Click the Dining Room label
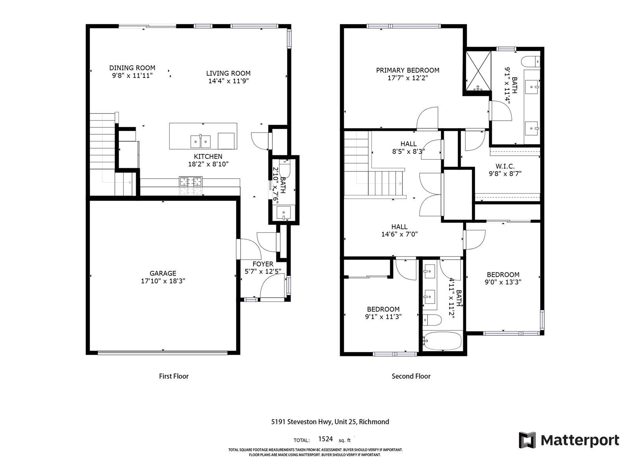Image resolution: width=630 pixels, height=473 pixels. pyautogui.click(x=132, y=68)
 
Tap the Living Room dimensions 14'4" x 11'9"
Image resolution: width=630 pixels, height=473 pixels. pyautogui.click(x=228, y=81)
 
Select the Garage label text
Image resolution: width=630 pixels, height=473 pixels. pyautogui.click(x=163, y=274)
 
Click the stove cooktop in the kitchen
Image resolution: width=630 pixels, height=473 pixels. pyautogui.click(x=191, y=181)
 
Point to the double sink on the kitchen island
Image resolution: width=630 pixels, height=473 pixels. pyautogui.click(x=200, y=142)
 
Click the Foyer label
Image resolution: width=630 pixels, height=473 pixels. pyautogui.click(x=263, y=264)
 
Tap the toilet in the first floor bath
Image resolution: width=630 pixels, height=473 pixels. pyautogui.click(x=284, y=168)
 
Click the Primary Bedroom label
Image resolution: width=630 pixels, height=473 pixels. pyautogui.click(x=408, y=70)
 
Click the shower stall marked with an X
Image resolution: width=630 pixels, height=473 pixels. pyautogui.click(x=478, y=71)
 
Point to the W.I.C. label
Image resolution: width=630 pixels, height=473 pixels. pyautogui.click(x=505, y=166)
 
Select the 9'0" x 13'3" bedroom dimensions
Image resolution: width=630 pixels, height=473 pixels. pyautogui.click(x=503, y=282)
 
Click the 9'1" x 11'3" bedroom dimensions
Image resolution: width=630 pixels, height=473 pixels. pyautogui.click(x=383, y=317)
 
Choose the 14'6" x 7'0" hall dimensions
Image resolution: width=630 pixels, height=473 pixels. pyautogui.click(x=399, y=234)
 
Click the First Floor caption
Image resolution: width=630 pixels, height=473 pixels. pyautogui.click(x=174, y=376)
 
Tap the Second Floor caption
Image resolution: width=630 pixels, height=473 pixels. pyautogui.click(x=411, y=376)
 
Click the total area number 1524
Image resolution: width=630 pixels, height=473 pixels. pyautogui.click(x=326, y=439)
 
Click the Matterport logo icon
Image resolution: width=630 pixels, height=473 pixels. pyautogui.click(x=527, y=439)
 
